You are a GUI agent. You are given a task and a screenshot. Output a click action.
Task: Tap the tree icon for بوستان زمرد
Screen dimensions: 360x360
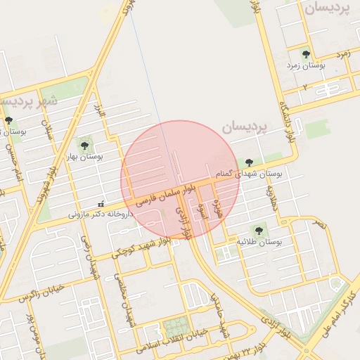(x=305, y=53)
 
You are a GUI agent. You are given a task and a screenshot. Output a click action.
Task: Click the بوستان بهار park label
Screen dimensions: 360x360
(x=84, y=157)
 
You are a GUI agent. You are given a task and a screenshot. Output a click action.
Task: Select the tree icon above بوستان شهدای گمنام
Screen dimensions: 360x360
(x=249, y=163)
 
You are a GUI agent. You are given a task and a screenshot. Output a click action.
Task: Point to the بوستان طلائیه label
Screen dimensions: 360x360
(x=259, y=241)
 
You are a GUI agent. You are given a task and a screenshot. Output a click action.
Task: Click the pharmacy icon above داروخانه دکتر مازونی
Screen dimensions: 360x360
(x=101, y=203)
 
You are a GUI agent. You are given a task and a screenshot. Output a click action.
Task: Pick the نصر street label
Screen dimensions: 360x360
(x=320, y=224)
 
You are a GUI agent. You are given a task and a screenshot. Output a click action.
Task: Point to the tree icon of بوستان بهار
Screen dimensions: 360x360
(x=84, y=146)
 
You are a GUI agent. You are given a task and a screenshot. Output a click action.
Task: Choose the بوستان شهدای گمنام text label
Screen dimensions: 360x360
(x=256, y=173)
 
